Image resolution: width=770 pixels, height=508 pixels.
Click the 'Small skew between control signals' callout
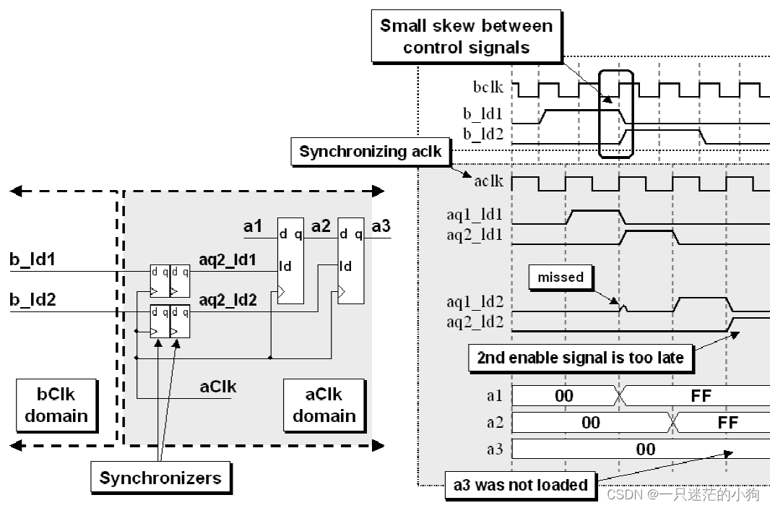[x=466, y=37]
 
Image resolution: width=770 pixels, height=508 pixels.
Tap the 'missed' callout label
[x=560, y=277]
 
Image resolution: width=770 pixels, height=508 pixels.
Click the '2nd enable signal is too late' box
[x=580, y=357]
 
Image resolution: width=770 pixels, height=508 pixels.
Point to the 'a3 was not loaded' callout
[x=520, y=485]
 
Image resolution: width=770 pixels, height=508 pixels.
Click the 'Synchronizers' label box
[x=160, y=478]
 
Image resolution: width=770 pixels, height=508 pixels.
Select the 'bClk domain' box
[x=56, y=405]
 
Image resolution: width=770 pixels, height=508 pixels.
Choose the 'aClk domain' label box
[x=324, y=405]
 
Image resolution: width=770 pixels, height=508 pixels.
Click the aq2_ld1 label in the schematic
[x=228, y=259]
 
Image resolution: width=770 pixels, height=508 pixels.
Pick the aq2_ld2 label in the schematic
[x=228, y=299]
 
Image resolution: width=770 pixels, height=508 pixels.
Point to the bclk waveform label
[x=489, y=88]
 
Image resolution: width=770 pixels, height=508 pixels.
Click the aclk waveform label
[x=489, y=181]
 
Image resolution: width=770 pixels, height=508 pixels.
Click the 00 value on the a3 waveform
[x=645, y=449]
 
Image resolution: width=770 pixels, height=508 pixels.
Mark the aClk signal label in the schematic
[x=217, y=387]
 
